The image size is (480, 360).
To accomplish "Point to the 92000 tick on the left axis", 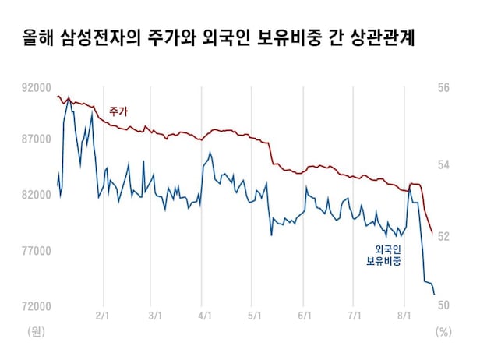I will pyautogui.click(x=36, y=88).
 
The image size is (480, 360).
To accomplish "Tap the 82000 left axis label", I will pyautogui.click(x=36, y=195).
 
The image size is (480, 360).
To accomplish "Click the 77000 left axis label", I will pyautogui.click(x=36, y=251).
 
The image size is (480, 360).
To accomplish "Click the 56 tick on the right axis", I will pyautogui.click(x=443, y=88).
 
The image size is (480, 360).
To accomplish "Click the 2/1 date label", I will pyautogui.click(x=102, y=316).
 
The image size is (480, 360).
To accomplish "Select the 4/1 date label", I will pyautogui.click(x=205, y=316).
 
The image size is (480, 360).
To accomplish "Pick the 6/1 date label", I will pyautogui.click(x=305, y=316).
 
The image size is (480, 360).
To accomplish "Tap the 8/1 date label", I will pyautogui.click(x=404, y=316).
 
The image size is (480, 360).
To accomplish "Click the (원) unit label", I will pyautogui.click(x=36, y=331).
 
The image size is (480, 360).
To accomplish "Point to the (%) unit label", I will pyautogui.click(x=443, y=331).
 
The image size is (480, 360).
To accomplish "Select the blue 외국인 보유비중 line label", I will pyautogui.click(x=384, y=256).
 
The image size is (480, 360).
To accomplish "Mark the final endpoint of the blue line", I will pyautogui.click(x=434, y=295).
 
